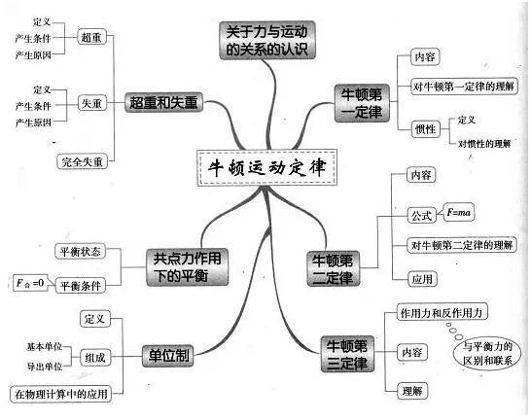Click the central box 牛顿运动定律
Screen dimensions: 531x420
(x=266, y=167)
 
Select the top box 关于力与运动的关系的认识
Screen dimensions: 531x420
(x=267, y=40)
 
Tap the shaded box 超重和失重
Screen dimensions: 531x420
(x=164, y=102)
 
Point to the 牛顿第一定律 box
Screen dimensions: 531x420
(x=362, y=103)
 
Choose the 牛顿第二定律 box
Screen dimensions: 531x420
(x=334, y=268)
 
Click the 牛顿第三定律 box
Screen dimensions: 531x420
(x=347, y=354)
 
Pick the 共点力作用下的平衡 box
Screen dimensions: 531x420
(x=188, y=267)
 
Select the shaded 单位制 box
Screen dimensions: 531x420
(x=168, y=356)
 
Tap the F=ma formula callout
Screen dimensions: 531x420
(x=458, y=212)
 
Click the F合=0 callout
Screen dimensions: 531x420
(x=31, y=283)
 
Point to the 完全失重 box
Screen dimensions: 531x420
(x=82, y=161)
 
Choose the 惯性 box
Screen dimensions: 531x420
(x=426, y=129)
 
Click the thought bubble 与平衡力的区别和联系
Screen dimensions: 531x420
(x=487, y=353)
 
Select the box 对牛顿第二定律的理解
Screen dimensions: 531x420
(x=462, y=245)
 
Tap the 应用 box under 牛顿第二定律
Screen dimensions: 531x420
(x=422, y=279)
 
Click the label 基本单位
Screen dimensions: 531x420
(x=45, y=346)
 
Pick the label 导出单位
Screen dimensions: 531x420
(x=45, y=367)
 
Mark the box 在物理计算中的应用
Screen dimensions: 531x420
(x=61, y=394)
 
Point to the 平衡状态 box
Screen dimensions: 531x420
(x=81, y=252)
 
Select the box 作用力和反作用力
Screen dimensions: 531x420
(x=442, y=312)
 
